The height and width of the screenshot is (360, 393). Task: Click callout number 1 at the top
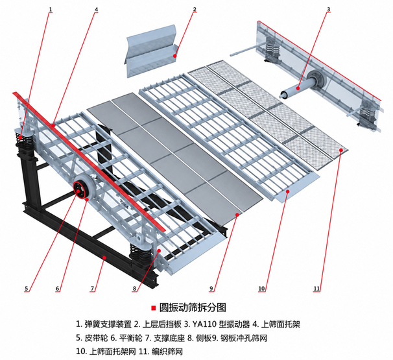pyautogui.click(x=51, y=9)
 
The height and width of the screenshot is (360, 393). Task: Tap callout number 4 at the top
pyautogui.click(x=96, y=9)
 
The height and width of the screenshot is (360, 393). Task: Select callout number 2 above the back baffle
pyautogui.click(x=195, y=9)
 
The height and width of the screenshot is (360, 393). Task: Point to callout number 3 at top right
pyautogui.click(x=329, y=9)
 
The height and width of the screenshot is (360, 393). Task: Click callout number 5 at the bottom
pyautogui.click(x=27, y=289)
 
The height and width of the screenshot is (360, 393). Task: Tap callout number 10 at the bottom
pyautogui.click(x=261, y=289)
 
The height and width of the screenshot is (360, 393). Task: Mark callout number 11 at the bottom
pyautogui.click(x=316, y=289)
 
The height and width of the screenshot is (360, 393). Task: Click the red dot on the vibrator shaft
pyautogui.click(x=298, y=88)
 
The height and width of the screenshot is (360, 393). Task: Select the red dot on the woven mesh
pyautogui.click(x=341, y=150)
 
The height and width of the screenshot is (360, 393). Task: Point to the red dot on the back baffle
pyautogui.click(x=174, y=56)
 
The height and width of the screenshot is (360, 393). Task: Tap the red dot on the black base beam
pyautogui.click(x=105, y=258)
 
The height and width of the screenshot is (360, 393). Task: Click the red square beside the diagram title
pyautogui.click(x=154, y=308)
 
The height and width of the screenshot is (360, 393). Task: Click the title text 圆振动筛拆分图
pyautogui.click(x=193, y=307)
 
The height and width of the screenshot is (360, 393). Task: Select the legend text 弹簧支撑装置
pyautogui.click(x=108, y=324)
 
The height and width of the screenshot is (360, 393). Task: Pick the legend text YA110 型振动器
pyautogui.click(x=221, y=324)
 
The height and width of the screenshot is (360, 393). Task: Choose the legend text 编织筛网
pyautogui.click(x=167, y=352)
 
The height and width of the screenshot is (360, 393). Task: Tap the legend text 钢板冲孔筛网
pyautogui.click(x=244, y=338)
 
